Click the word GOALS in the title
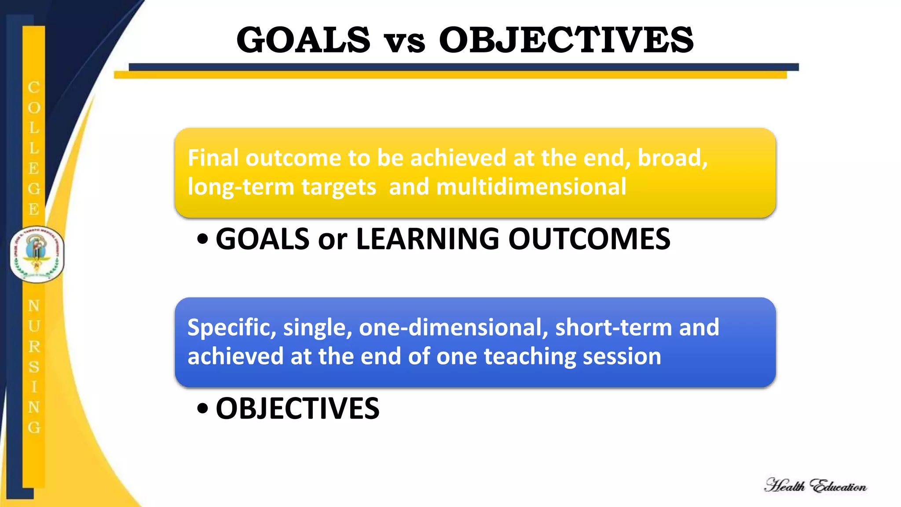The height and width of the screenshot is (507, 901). pyautogui.click(x=304, y=40)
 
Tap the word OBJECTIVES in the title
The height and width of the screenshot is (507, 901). pyautogui.click(x=566, y=40)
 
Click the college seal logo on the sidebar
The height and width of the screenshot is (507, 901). pyautogui.click(x=37, y=254)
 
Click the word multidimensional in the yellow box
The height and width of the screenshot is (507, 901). pyautogui.click(x=531, y=187)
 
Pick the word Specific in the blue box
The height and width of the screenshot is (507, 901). pyautogui.click(x=231, y=328)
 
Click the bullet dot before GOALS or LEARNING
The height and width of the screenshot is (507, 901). pyautogui.click(x=202, y=239)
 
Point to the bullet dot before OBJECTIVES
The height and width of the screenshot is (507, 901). pyautogui.click(x=202, y=409)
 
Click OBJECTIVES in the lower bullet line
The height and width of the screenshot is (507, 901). pyautogui.click(x=297, y=409)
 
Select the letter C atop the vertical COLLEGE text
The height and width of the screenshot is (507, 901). pyautogui.click(x=34, y=88)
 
